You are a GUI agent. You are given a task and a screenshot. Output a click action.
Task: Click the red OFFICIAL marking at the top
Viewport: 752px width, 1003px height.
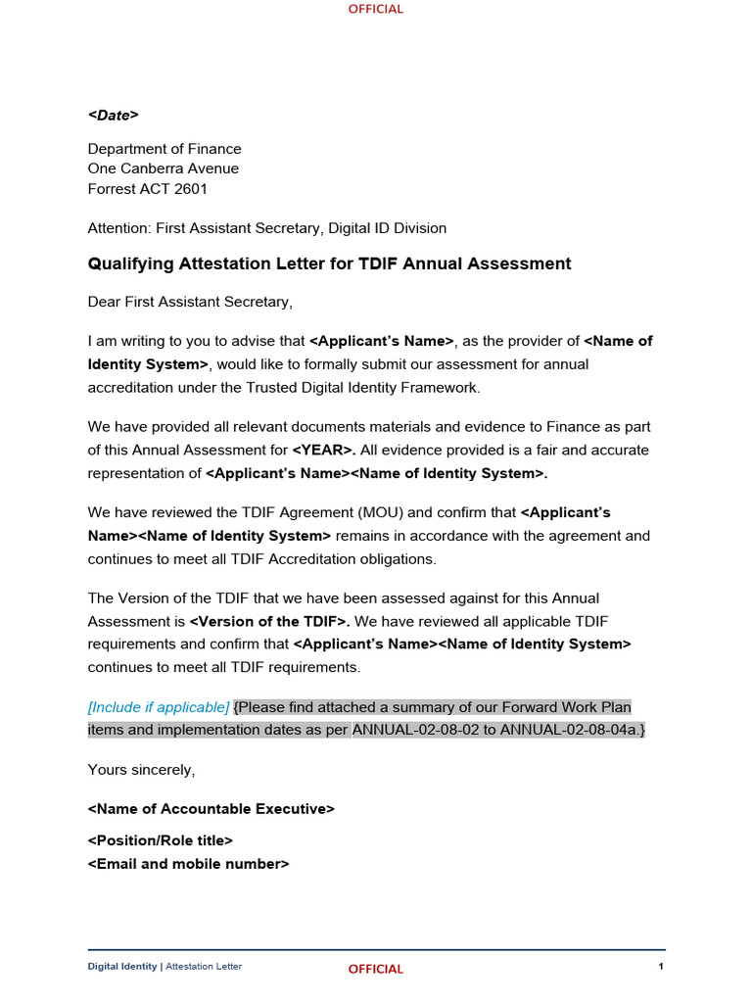(x=376, y=9)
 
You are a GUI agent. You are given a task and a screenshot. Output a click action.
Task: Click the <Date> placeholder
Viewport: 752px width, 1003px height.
(x=114, y=116)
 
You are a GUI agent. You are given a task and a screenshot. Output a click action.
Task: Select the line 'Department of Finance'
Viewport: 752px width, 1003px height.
(x=164, y=149)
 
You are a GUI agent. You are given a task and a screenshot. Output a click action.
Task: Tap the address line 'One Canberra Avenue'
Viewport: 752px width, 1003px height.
(x=164, y=168)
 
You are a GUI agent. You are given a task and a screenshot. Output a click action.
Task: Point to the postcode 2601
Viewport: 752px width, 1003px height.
(x=191, y=189)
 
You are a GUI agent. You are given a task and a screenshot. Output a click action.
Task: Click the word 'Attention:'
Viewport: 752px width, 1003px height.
(x=117, y=228)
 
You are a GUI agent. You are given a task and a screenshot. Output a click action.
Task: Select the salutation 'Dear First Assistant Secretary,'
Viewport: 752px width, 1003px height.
(x=190, y=302)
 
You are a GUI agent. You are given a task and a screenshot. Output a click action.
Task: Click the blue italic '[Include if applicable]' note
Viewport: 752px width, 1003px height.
(x=159, y=707)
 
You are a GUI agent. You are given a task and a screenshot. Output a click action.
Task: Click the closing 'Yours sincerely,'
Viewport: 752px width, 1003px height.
(x=142, y=770)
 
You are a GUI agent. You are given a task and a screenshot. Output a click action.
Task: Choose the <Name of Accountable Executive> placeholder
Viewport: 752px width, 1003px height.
(x=211, y=809)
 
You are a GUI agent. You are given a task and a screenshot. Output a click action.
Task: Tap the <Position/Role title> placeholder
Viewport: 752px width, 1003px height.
(x=161, y=840)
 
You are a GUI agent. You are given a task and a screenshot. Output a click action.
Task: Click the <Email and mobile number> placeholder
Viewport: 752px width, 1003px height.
(x=189, y=864)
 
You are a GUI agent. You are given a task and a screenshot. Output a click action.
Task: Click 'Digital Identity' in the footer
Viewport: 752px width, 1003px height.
(x=122, y=967)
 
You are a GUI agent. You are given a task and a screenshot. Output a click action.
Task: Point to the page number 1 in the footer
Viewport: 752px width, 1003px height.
(x=662, y=967)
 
